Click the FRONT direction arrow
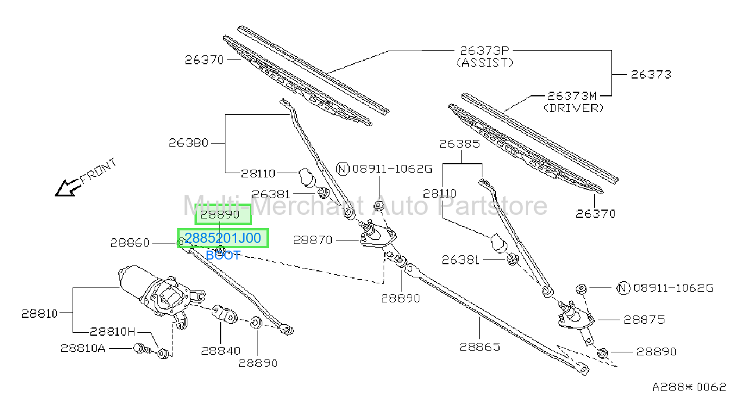(68, 188)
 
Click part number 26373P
(484, 51)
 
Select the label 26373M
(572, 96)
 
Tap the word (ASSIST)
(484, 62)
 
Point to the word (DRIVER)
(574, 108)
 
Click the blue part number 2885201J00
(223, 238)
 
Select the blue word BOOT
(223, 255)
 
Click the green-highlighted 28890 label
(220, 214)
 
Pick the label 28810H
(112, 332)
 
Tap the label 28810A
(83, 348)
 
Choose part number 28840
(221, 351)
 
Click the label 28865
(480, 347)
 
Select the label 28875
(644, 320)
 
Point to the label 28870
(313, 240)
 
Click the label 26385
(460, 144)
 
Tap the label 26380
(189, 143)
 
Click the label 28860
(130, 243)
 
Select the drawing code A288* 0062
(689, 387)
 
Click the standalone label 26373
(651, 74)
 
